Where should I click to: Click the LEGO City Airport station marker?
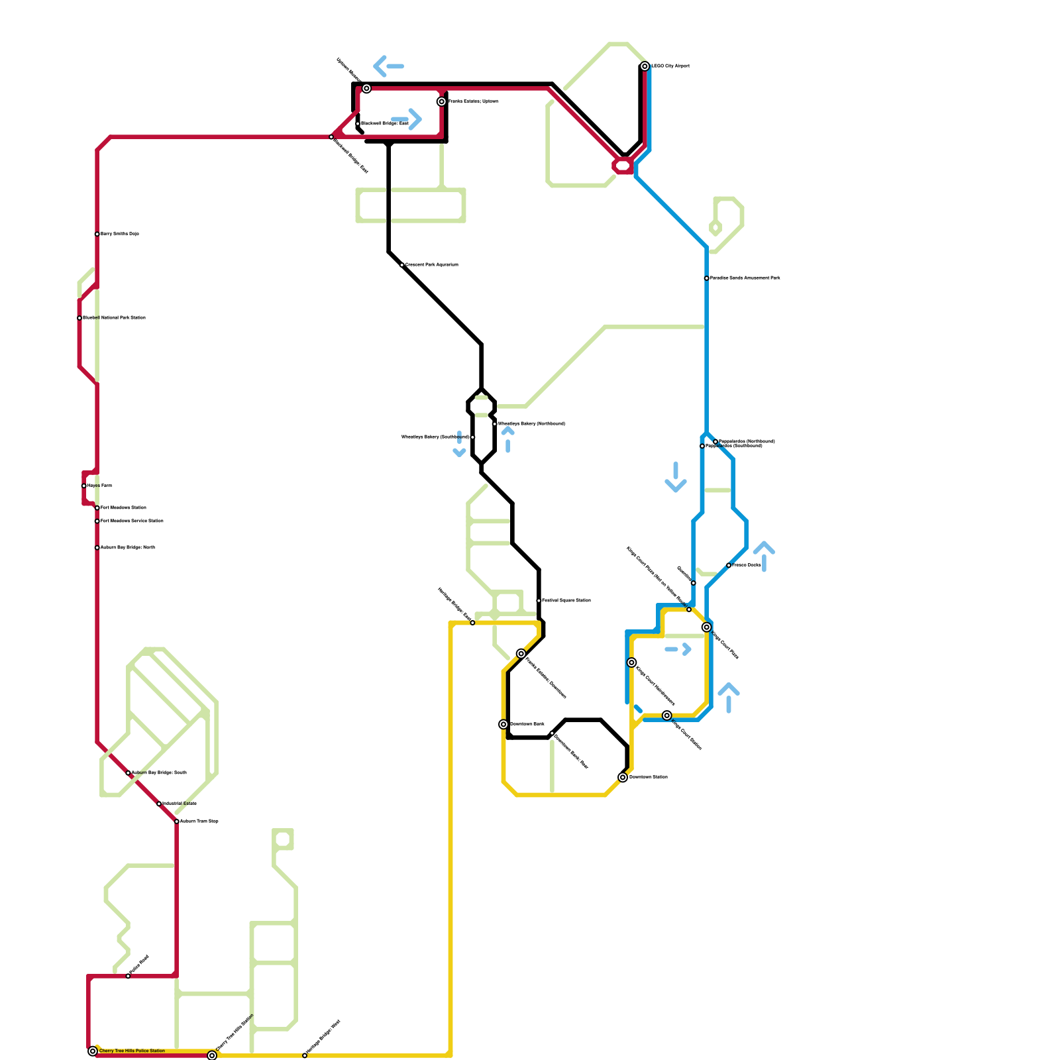(x=645, y=66)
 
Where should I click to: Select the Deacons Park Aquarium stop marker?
(x=402, y=265)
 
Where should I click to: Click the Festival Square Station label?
(x=566, y=601)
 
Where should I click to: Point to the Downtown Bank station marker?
(x=503, y=724)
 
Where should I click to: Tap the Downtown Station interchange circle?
(x=623, y=777)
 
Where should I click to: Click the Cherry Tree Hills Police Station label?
(x=132, y=1051)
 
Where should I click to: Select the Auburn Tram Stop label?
(x=199, y=821)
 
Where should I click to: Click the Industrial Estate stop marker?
(x=159, y=804)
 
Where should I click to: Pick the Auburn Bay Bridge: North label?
(x=127, y=548)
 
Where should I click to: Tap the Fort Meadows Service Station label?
(x=132, y=521)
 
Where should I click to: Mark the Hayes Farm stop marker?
(x=83, y=486)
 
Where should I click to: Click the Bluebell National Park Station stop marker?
(x=79, y=318)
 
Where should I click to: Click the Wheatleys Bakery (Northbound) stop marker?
(x=494, y=424)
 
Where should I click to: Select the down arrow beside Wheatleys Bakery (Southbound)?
(x=459, y=445)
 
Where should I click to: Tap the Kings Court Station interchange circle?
(x=667, y=715)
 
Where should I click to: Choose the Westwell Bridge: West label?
(x=384, y=124)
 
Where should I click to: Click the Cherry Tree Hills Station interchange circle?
(x=212, y=1055)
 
